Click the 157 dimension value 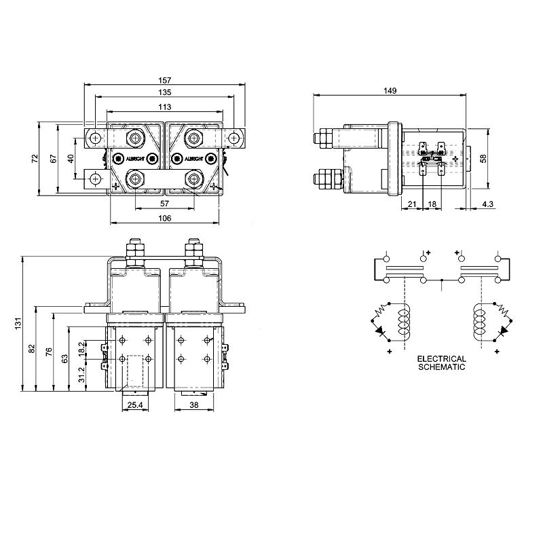pyautogui.click(x=165, y=79)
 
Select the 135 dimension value pyautogui.click(x=165, y=92)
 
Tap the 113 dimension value pyautogui.click(x=165, y=107)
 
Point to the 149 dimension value pyautogui.click(x=389, y=90)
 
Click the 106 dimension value pyautogui.click(x=165, y=218)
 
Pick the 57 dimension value pyautogui.click(x=165, y=204)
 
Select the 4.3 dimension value pyautogui.click(x=487, y=204)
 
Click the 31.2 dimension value pyautogui.click(x=81, y=373)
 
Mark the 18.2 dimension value pyautogui.click(x=81, y=348)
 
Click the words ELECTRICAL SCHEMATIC pyautogui.click(x=441, y=362)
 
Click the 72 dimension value pyautogui.click(x=35, y=158)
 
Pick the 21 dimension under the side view pyautogui.click(x=412, y=204)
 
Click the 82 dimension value pyautogui.click(x=32, y=348)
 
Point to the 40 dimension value pyautogui.click(x=70, y=158)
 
